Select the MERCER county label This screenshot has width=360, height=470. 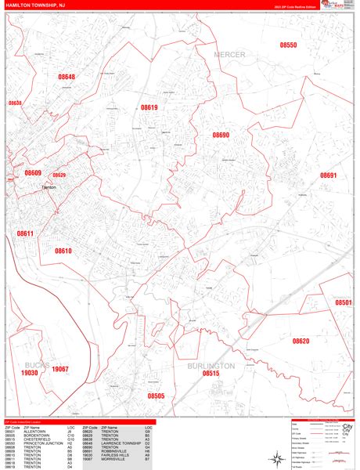229,54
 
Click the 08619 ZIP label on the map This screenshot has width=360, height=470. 149,107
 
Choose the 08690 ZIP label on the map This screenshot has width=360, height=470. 221,135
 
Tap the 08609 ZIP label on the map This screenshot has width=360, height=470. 32,172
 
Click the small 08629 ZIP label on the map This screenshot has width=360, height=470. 59,175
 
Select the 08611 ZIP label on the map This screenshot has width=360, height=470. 25,233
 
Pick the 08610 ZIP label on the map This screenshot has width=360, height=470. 63,251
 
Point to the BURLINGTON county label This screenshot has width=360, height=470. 211,366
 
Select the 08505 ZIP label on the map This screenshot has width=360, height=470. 156,396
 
